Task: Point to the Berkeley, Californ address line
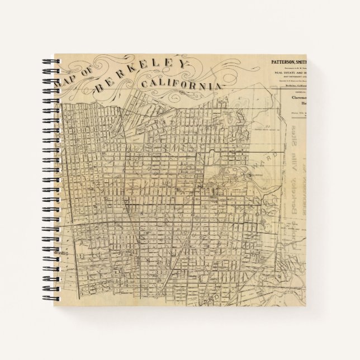pyautogui.click(x=301, y=86)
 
